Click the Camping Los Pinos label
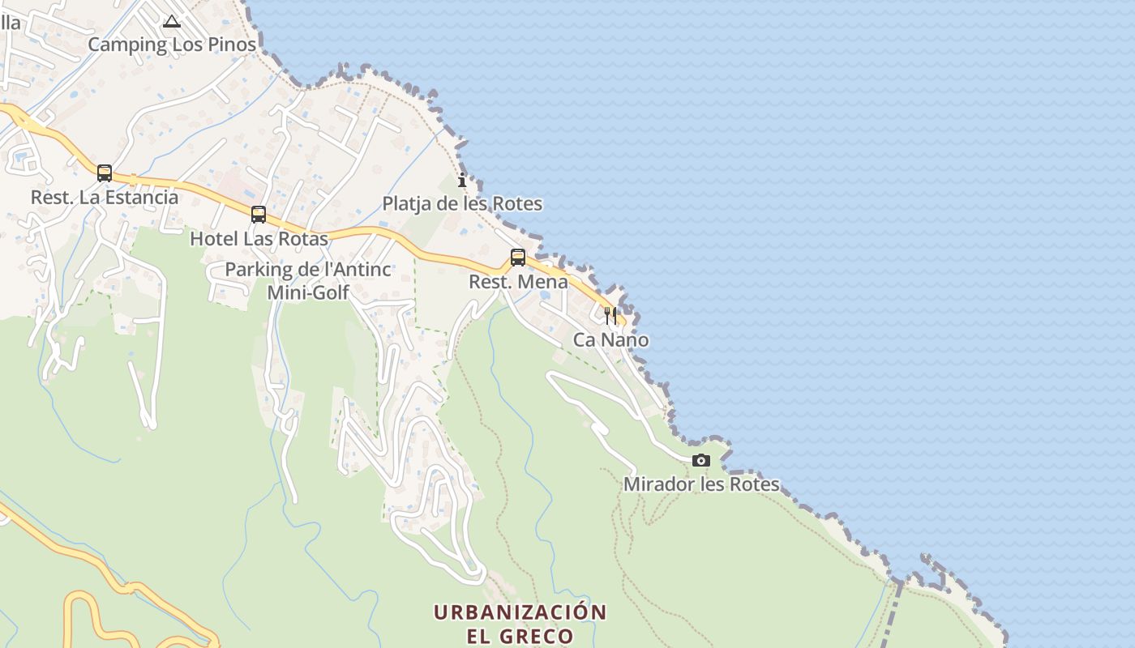172,45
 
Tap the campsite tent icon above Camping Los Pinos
171,21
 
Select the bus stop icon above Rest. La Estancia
105,173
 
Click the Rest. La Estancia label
105,197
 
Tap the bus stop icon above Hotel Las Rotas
259,215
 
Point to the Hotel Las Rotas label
259,239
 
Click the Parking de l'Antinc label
308,270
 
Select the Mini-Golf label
308,292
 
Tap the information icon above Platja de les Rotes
462,180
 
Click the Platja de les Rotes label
462,203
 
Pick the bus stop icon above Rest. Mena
518,258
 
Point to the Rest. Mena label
518,282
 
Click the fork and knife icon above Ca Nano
610,315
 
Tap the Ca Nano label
610,339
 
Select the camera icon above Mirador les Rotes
701,461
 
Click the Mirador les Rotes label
701,484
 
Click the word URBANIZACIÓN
520,612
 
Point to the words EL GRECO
520,636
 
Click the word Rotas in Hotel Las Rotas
303,239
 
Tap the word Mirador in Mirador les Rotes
654,484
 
